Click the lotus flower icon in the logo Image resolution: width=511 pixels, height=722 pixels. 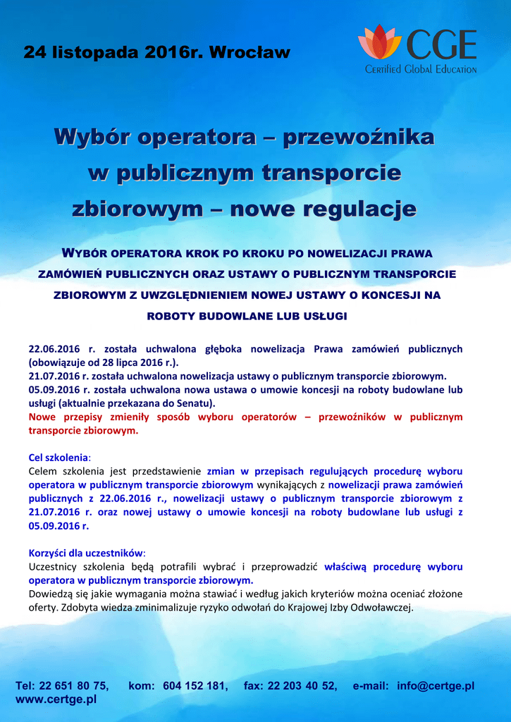379,43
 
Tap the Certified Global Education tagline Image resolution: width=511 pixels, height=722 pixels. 421,69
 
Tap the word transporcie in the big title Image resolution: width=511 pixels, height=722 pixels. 331,172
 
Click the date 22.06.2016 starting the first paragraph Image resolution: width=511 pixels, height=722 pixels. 55,348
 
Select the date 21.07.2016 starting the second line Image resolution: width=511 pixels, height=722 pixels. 54,376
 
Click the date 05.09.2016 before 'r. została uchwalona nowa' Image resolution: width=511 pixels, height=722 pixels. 54,389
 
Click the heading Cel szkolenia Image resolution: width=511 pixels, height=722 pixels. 59,457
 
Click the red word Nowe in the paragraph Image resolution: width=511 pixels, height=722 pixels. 42,417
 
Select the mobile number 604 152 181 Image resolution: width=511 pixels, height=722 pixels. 195,685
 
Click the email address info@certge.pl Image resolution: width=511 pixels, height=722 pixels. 436,685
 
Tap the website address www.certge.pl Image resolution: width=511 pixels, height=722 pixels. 56,699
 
